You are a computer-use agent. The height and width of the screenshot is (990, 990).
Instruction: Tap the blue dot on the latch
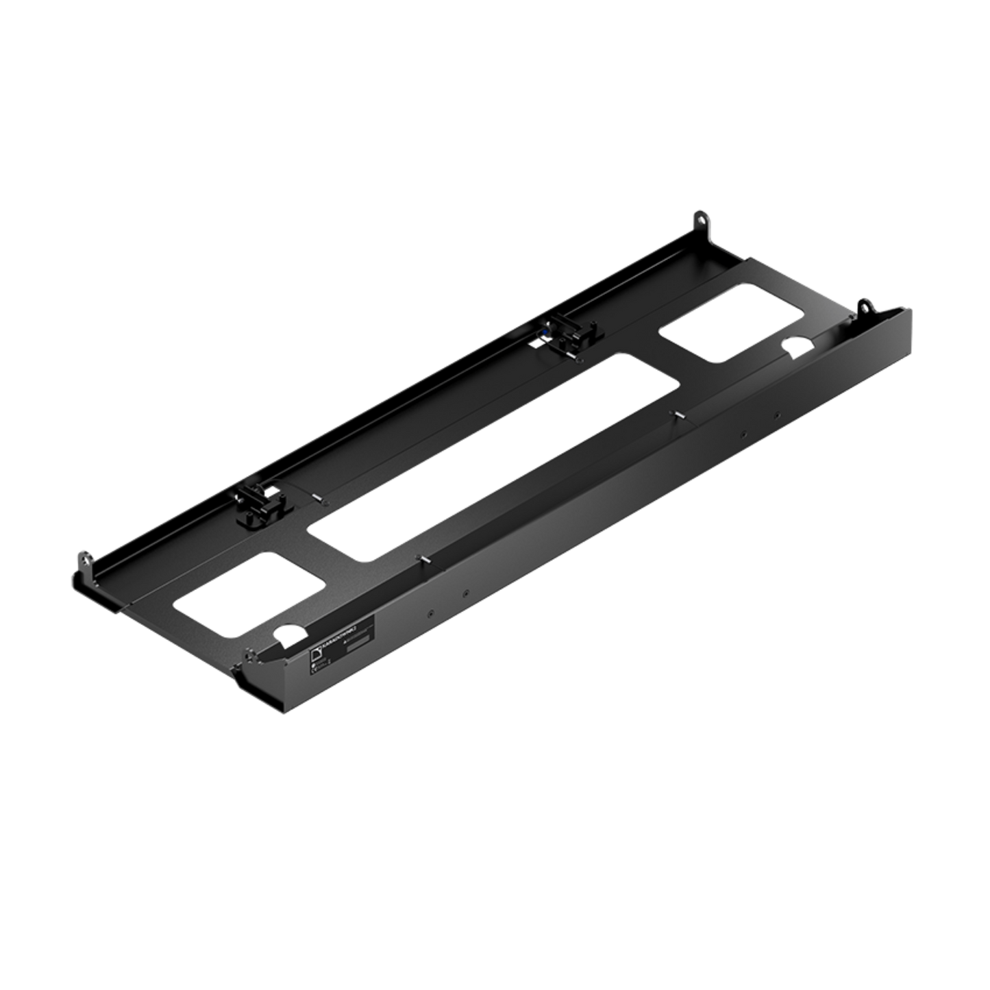[x=543, y=332]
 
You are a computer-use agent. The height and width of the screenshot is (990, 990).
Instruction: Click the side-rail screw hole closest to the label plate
[x=430, y=613]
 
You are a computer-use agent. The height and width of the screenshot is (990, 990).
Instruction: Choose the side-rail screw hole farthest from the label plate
[x=777, y=414]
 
